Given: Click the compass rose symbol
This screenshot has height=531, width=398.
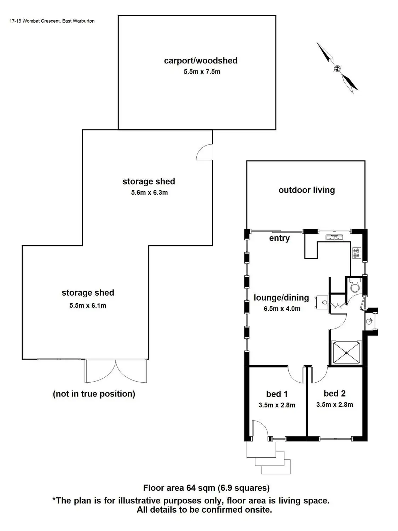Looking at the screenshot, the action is (337, 68).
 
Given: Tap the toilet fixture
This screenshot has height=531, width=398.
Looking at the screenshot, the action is (355, 285).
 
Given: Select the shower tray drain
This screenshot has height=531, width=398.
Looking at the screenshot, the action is (347, 353).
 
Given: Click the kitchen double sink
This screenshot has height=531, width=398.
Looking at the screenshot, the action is (334, 238).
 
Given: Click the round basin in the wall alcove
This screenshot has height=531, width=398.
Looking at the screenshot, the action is (370, 321).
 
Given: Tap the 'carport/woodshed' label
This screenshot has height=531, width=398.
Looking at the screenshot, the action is (201, 61).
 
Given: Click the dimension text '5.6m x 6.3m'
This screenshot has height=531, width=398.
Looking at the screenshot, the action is (149, 193).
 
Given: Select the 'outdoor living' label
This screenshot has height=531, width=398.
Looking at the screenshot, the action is (306, 190).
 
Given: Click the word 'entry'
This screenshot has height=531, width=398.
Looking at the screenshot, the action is (279, 238).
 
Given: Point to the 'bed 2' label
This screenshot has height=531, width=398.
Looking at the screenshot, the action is (334, 393).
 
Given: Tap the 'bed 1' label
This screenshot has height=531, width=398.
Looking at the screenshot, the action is (277, 394).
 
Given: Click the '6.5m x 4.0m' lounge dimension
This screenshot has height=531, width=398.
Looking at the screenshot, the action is (282, 309).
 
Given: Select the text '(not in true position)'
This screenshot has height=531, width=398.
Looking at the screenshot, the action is (94, 394).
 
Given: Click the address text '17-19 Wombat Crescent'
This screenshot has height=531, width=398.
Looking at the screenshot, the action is (34, 21).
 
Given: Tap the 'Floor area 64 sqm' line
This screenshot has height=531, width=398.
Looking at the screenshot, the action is (206, 488).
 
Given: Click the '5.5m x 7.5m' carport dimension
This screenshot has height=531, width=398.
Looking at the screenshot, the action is (202, 72).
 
